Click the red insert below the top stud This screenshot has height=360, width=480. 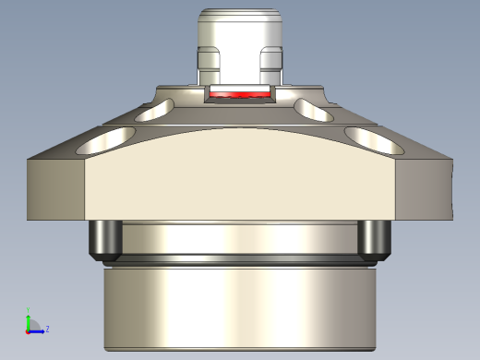tap(239, 94)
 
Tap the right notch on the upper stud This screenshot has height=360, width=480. tap(270, 61)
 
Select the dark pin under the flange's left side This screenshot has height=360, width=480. tap(104, 240)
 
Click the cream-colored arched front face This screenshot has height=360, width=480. tap(240, 180)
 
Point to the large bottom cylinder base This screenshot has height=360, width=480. tap(240, 309)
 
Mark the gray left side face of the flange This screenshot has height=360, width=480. tap(55, 189)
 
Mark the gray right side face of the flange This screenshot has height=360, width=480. tap(425, 189)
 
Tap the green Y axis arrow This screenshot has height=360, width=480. tap(29, 318)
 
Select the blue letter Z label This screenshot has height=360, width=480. tap(47, 329)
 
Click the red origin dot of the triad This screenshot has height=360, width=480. tap(28, 330)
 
